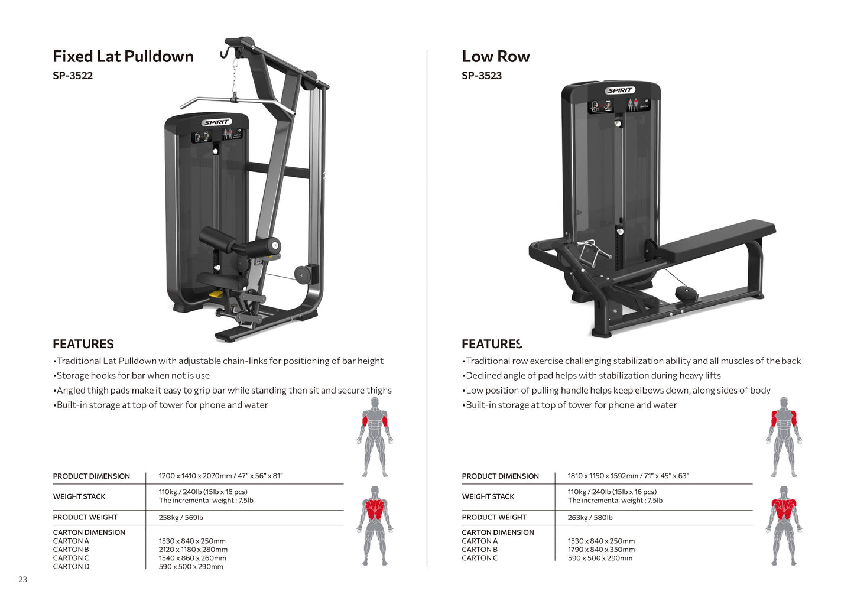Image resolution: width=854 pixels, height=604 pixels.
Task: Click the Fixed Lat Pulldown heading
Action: click(123, 57)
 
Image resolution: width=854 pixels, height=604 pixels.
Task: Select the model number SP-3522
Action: click(73, 76)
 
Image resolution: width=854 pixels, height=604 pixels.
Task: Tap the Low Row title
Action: click(495, 57)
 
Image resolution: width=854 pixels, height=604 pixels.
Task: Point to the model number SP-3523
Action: click(482, 76)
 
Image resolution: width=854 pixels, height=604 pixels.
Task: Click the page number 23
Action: click(22, 579)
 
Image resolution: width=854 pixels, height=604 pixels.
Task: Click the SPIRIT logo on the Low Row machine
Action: click(620, 90)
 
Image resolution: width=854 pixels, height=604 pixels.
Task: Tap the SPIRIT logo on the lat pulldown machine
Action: click(216, 122)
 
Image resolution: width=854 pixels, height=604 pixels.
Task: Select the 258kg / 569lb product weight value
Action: click(181, 518)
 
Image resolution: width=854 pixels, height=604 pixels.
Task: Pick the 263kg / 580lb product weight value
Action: click(590, 518)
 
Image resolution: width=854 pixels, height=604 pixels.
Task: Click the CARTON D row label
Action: click(71, 567)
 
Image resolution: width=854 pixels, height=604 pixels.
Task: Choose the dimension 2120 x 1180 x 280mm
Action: click(193, 550)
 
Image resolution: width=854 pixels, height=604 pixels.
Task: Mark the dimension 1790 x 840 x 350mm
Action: click(601, 550)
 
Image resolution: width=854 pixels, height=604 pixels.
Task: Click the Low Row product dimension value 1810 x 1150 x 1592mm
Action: click(628, 476)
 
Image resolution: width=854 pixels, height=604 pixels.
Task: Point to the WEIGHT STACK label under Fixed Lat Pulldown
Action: click(79, 497)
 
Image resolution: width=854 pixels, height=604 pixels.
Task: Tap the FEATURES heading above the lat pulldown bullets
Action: click(83, 344)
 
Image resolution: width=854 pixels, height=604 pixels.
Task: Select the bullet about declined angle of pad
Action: click(593, 376)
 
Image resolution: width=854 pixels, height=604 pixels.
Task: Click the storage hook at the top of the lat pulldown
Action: click(225, 53)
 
